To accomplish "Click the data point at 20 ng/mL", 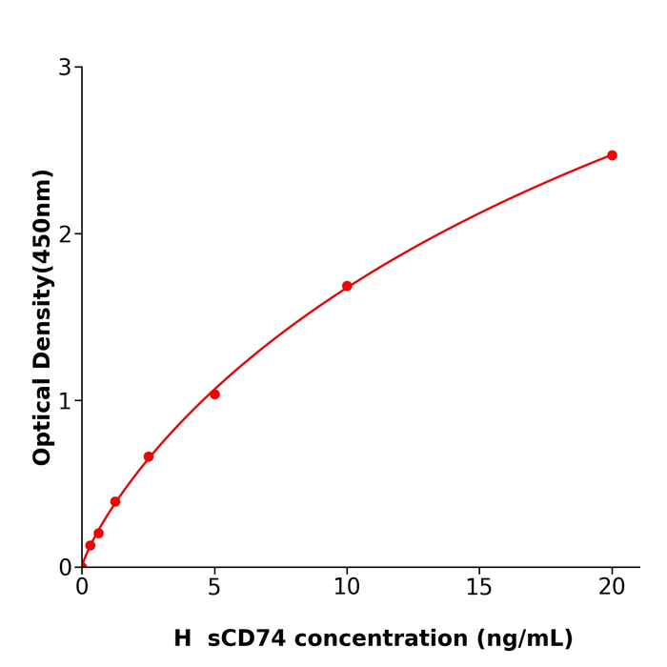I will pyautogui.click(x=612, y=155).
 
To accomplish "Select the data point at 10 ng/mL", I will pyautogui.click(x=347, y=286).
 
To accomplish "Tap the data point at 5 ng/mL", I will pyautogui.click(x=214, y=394).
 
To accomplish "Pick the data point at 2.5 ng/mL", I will pyautogui.click(x=149, y=456).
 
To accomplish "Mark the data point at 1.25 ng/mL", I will pyautogui.click(x=115, y=501).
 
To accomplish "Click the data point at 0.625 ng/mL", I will pyautogui.click(x=98, y=534).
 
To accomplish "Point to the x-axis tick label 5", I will pyautogui.click(x=214, y=588).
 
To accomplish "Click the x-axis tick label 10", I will pyautogui.click(x=347, y=588).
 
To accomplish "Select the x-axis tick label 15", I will pyautogui.click(x=479, y=588).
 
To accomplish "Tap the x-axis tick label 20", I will pyautogui.click(x=612, y=588).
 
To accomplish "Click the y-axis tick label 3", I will pyautogui.click(x=65, y=68).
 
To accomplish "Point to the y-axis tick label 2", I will pyautogui.click(x=65, y=234).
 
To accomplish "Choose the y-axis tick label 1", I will pyautogui.click(x=65, y=401).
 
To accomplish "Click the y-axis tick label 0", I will pyautogui.click(x=65, y=568).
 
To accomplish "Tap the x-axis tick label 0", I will pyautogui.click(x=82, y=588).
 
